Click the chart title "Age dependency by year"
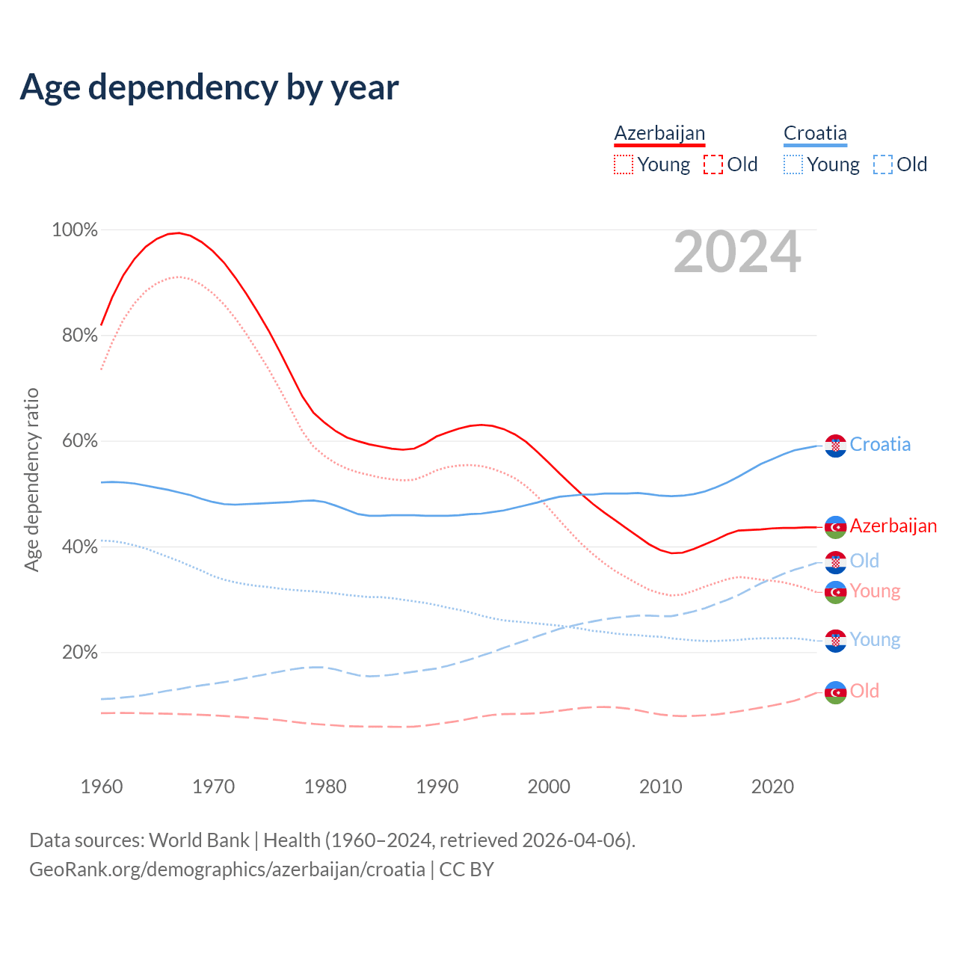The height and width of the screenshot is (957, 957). [x=209, y=87]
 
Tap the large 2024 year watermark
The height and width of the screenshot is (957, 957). [x=737, y=253]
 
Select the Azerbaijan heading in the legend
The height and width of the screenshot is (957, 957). [x=659, y=134]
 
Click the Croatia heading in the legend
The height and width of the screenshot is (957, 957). [x=815, y=134]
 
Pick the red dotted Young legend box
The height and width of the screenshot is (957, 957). [x=624, y=164]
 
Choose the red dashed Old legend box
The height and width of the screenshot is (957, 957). [x=713, y=164]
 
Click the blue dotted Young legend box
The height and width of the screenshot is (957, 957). [x=793, y=164]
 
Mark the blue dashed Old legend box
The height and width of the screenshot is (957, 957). [x=883, y=164]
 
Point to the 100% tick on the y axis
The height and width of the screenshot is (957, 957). [x=75, y=230]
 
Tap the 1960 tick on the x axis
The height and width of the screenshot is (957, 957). [x=102, y=787]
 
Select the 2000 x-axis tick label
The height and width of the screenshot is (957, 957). [x=549, y=787]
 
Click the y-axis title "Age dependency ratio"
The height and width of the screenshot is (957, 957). [x=31, y=479]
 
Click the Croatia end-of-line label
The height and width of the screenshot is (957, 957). [x=880, y=445]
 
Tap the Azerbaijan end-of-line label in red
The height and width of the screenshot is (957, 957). [x=893, y=526]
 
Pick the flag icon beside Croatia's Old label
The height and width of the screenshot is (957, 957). [x=835, y=561]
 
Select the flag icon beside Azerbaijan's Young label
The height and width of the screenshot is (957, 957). [x=835, y=592]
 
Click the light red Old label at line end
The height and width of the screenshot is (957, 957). [x=864, y=692]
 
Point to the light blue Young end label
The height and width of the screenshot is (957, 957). [x=875, y=640]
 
